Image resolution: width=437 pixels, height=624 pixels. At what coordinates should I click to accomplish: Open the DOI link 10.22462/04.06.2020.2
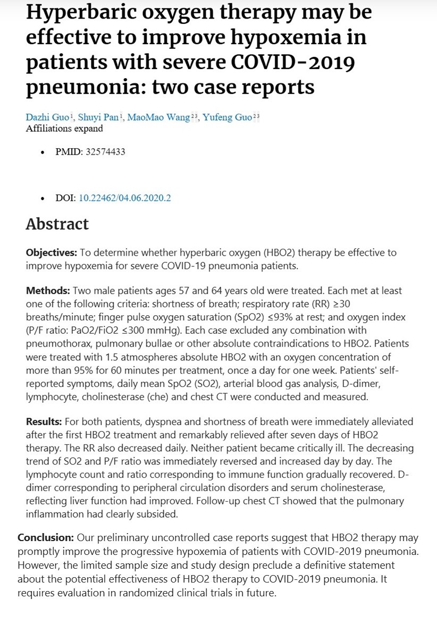pos(125,198)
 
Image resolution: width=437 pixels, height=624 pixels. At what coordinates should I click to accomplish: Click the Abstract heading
pos(57,224)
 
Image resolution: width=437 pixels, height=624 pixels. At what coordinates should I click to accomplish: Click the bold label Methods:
pos(48,291)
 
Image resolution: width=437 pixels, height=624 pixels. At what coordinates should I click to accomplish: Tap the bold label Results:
pos(46,421)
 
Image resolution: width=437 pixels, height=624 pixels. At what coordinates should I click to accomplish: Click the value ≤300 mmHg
pos(162,330)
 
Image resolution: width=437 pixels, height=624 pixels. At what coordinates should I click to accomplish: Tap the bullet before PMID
pos(43,152)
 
